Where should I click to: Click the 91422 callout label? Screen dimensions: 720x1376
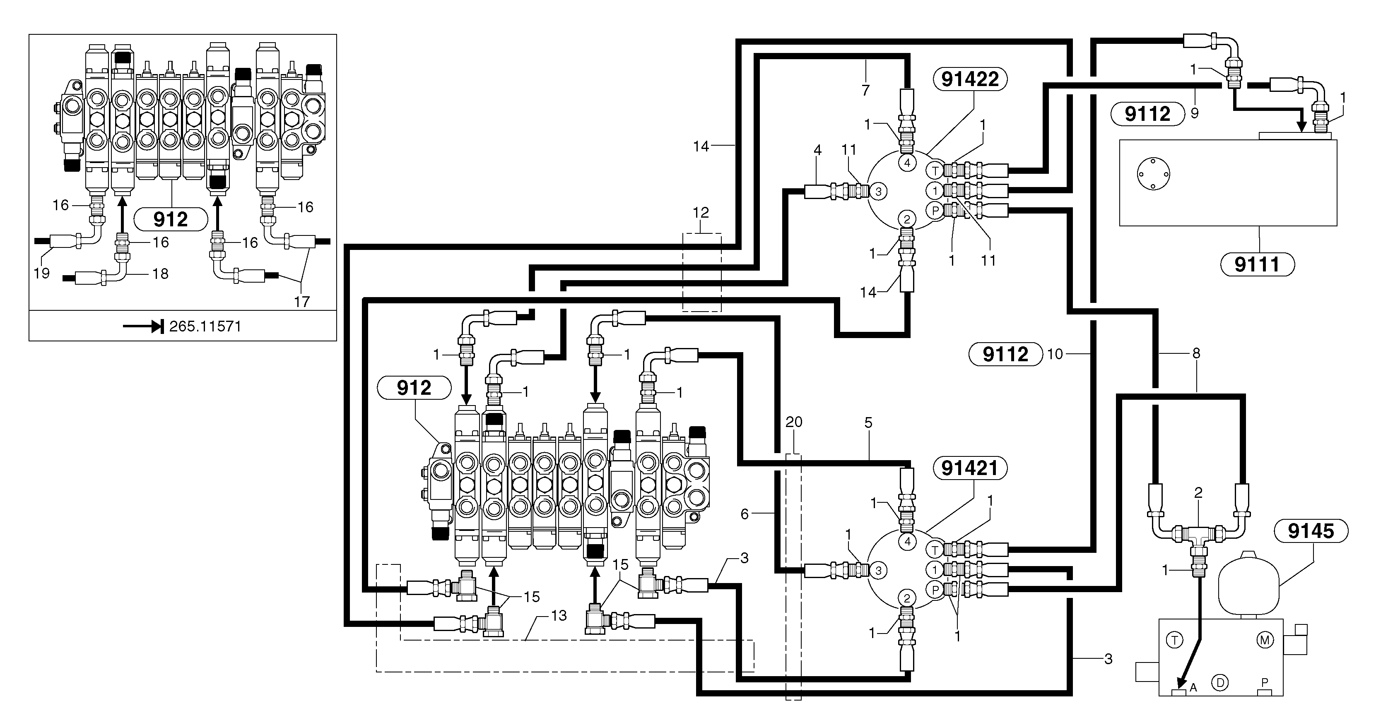pyautogui.click(x=969, y=79)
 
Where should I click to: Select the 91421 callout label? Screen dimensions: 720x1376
pyautogui.click(x=969, y=468)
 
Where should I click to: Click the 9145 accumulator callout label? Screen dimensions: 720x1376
pyautogui.click(x=1311, y=531)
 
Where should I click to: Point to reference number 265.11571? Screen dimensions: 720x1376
pyautogui.click(x=205, y=326)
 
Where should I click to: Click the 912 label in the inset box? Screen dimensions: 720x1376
pyautogui.click(x=171, y=219)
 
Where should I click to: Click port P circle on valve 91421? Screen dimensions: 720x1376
pyautogui.click(x=935, y=590)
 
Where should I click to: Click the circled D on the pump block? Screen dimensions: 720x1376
pyautogui.click(x=1219, y=682)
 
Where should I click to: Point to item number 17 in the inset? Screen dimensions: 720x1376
pyautogui.click(x=302, y=302)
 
